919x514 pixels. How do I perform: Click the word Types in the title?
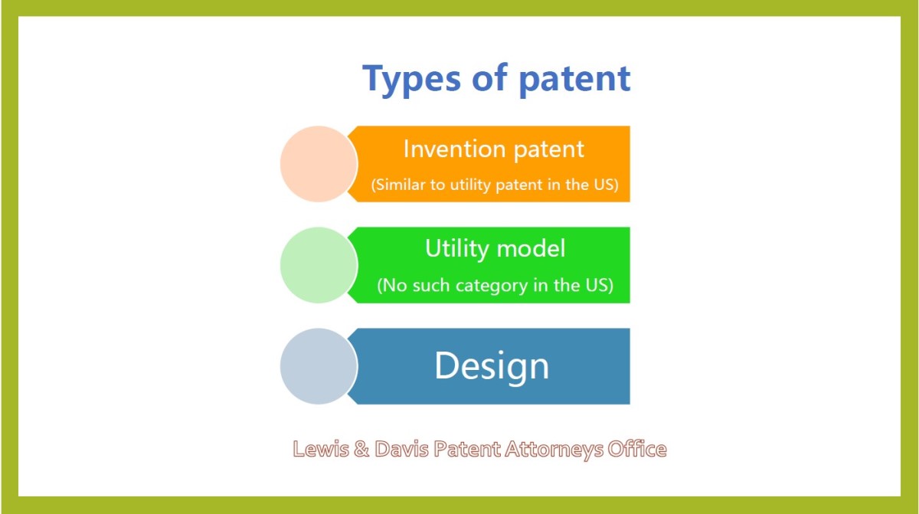411,80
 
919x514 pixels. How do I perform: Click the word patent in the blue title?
575,80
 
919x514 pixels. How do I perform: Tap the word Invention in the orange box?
454,149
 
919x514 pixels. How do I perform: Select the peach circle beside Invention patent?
319,164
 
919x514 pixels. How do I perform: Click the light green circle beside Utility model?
319,265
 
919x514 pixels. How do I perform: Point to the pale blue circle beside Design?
319,366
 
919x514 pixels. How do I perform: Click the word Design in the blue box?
492,366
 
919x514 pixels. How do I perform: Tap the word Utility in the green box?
456,249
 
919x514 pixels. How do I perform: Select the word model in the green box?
531,249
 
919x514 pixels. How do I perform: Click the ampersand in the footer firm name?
361,449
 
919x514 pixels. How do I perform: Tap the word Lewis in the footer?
320,449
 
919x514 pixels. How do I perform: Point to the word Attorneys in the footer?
554,450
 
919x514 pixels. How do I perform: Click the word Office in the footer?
637,449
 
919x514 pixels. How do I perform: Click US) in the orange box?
606,185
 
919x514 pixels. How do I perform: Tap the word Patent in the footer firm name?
467,449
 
